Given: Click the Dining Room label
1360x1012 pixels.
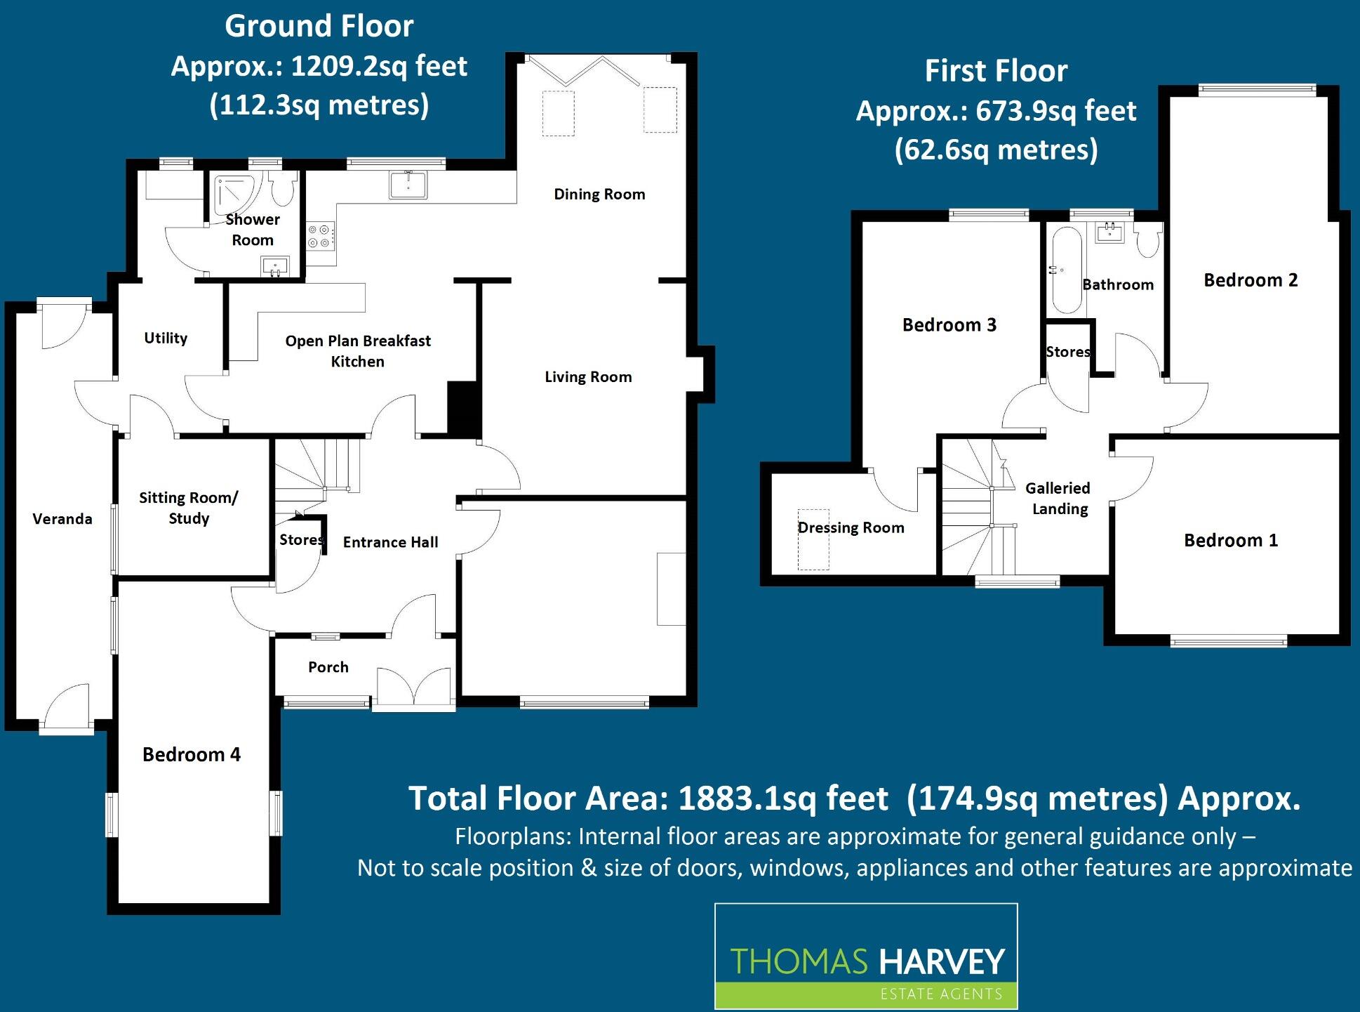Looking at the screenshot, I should (599, 195).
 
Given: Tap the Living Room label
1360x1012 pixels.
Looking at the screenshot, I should (588, 377).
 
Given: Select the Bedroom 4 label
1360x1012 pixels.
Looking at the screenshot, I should (191, 755).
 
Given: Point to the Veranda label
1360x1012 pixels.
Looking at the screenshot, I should (62, 519).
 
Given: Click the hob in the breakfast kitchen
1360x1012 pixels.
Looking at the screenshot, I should (320, 236).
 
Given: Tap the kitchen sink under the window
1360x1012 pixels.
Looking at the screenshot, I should (408, 185).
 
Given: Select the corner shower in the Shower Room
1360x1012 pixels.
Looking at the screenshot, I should (236, 194).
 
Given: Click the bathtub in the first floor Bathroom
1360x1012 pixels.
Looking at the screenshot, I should (1067, 270).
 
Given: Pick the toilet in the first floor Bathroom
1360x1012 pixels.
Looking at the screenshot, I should (1148, 241).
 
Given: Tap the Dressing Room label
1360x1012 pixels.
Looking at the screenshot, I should (851, 528).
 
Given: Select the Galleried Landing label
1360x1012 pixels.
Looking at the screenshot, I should (1058, 498).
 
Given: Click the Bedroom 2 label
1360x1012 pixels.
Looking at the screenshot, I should (1251, 280).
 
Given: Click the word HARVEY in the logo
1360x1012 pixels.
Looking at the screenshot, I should (941, 962).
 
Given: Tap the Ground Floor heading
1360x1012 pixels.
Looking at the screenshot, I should (319, 27).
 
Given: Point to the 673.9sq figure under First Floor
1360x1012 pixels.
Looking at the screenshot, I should (1026, 112).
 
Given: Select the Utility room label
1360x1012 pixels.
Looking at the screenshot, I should (166, 339).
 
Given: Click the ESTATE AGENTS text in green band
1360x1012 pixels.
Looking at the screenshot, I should (940, 994).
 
